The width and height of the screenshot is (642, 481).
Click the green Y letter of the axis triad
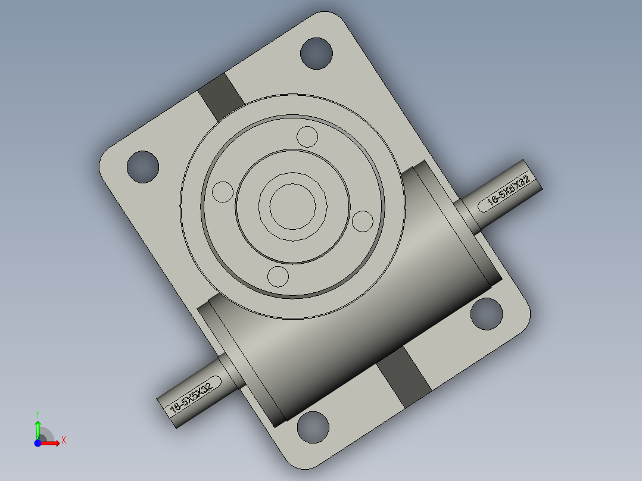coord(38,414)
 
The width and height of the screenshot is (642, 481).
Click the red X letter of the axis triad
coord(64,441)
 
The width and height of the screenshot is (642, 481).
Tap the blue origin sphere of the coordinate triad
coord(38,443)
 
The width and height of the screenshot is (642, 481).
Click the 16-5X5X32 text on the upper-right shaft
coord(509,190)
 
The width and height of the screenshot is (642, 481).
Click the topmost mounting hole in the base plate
coord(316,53)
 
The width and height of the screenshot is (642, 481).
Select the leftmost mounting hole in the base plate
coord(143,167)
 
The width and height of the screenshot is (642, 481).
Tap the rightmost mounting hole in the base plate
coord(487,314)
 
